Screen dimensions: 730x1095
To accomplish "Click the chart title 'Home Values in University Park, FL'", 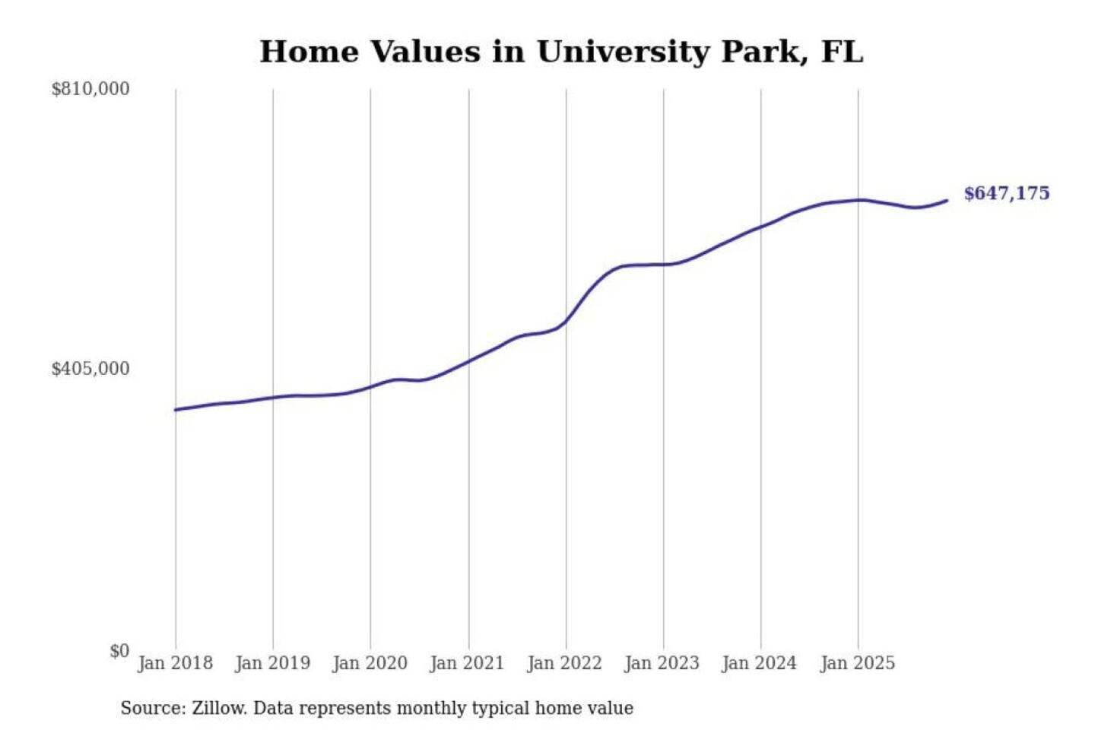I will point(561,52).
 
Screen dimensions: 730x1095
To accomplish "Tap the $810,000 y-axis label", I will point(90,89).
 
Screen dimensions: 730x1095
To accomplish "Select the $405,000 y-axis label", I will point(90,369).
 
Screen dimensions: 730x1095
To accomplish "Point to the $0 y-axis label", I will point(119,651).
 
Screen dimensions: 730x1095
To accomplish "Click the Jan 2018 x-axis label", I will point(175,663).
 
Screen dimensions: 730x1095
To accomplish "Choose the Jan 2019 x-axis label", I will point(272,663).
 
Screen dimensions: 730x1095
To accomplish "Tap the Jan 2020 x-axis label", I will point(370,663).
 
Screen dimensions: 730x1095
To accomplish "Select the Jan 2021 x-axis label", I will point(467,663).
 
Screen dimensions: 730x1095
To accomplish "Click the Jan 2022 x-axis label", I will point(564,663).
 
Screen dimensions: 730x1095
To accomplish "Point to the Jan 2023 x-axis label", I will point(662,663).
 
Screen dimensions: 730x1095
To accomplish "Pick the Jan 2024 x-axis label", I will point(759,663).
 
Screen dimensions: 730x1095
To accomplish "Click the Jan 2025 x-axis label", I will point(857,663).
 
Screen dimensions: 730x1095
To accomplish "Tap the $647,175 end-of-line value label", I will point(1007,193).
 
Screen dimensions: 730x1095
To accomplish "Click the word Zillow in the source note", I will point(218,708).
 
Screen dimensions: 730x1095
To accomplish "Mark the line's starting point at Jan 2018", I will point(176,410).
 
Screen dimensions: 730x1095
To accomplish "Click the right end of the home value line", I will point(947,201).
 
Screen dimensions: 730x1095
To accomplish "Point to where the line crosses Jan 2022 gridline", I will point(566,320).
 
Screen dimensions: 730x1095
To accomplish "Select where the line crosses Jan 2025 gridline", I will point(859,200).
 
